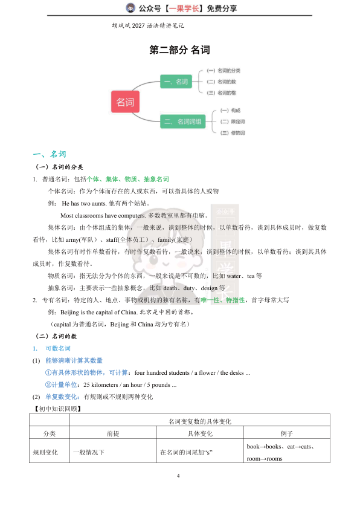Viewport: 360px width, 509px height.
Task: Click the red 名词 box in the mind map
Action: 125,102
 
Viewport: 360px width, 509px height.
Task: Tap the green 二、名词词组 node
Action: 183,122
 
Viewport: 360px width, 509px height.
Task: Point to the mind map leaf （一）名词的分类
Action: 223,71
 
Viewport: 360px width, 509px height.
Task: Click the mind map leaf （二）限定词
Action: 233,122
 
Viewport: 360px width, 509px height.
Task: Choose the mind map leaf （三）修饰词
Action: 233,132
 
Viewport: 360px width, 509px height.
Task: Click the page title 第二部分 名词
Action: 179,50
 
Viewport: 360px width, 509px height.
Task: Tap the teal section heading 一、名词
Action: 50,154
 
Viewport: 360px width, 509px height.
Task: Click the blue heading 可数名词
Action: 58,348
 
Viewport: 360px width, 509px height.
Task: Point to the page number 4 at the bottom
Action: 179,476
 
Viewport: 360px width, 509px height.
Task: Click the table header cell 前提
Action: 113,434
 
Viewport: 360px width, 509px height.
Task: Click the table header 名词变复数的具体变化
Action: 200,421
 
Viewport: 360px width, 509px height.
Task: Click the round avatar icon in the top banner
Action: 130,8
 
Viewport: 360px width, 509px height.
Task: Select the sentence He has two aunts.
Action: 85,203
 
